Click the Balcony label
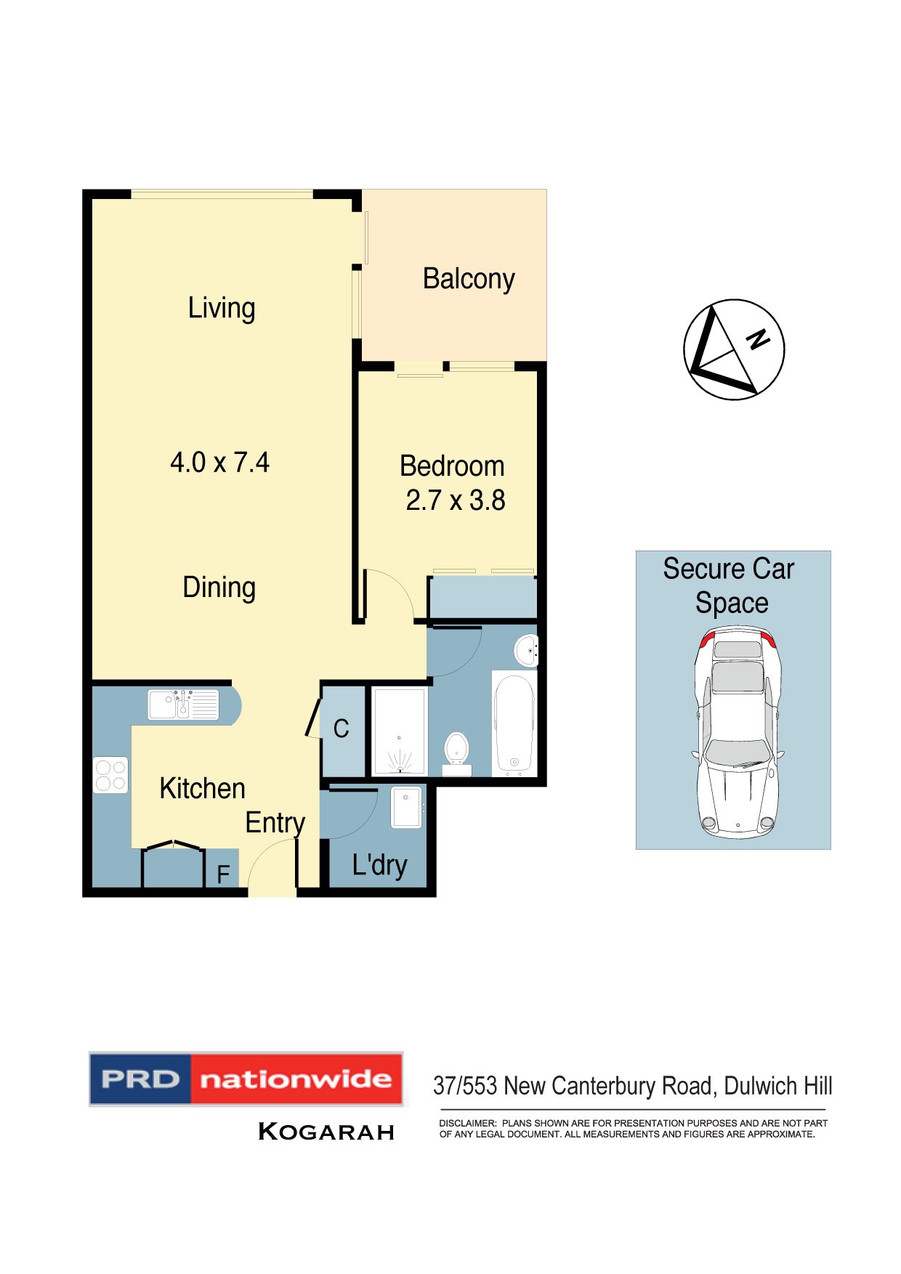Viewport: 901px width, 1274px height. point(469,279)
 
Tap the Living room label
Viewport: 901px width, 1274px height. point(222,308)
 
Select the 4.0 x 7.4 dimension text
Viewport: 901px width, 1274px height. point(219,463)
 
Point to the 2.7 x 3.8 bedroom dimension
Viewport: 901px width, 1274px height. point(456,500)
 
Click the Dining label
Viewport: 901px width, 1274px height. point(219,588)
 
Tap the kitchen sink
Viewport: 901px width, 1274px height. point(183,705)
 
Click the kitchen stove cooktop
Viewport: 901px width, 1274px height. point(110,775)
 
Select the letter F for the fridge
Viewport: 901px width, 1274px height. point(223,874)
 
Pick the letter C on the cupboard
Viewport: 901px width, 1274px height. point(341,729)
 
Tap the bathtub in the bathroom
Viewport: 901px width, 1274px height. point(514,723)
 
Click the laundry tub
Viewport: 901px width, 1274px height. point(406,807)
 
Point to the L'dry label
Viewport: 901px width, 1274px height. point(379,865)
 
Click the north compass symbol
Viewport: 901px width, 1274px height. point(734,349)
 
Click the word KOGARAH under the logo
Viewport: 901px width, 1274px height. point(326,1132)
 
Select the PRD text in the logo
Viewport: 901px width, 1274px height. point(140,1079)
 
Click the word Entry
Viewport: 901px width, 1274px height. point(275,823)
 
